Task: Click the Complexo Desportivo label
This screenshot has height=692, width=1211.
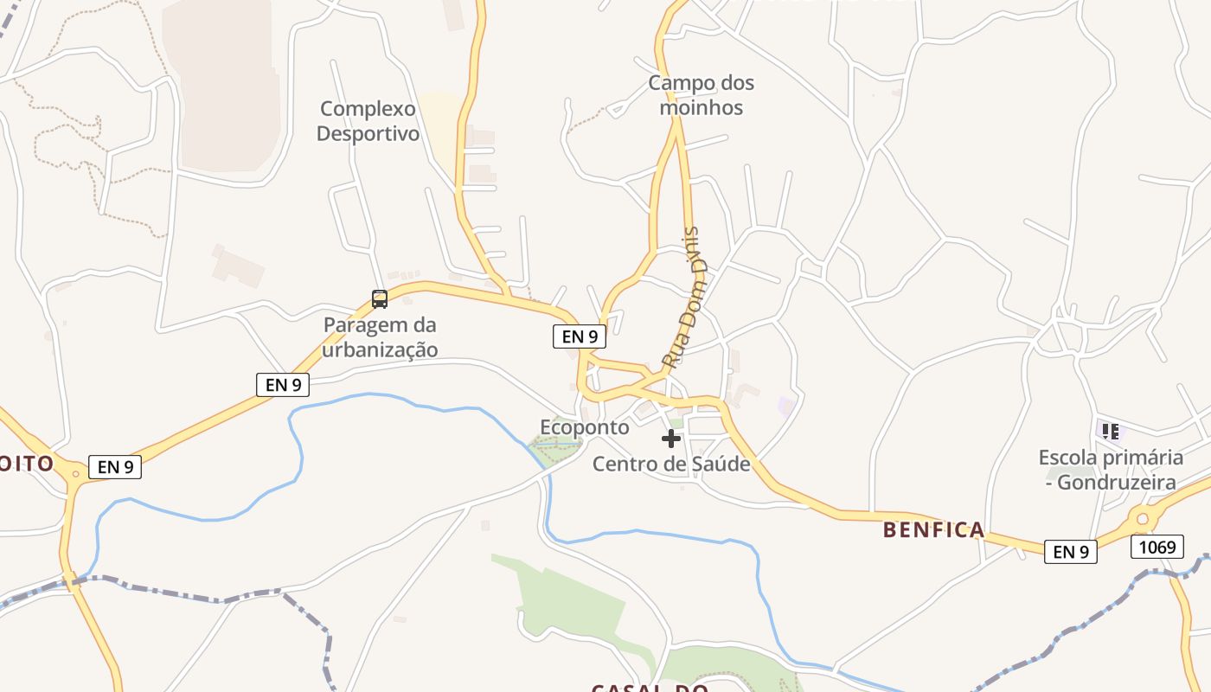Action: pyautogui.click(x=368, y=121)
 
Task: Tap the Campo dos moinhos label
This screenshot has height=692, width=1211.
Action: pyautogui.click(x=701, y=95)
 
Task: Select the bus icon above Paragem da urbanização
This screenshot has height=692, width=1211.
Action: pyautogui.click(x=379, y=299)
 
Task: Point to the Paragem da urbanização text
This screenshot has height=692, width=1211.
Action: pyautogui.click(x=380, y=337)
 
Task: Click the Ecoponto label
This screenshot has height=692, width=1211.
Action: pyautogui.click(x=585, y=427)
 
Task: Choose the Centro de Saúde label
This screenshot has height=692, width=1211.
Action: pyautogui.click(x=671, y=465)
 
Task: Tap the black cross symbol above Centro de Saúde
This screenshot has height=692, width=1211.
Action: pyautogui.click(x=671, y=439)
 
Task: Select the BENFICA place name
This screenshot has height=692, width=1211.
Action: pyautogui.click(x=933, y=529)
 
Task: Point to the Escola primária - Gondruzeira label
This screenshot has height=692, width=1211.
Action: pyautogui.click(x=1111, y=470)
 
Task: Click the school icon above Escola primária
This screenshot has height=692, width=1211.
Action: pyautogui.click(x=1111, y=430)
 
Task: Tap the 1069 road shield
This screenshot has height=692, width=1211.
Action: pyautogui.click(x=1157, y=547)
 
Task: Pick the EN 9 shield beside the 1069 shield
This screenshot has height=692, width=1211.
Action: pyautogui.click(x=1070, y=551)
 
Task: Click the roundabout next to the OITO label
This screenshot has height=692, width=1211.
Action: pyautogui.click(x=76, y=473)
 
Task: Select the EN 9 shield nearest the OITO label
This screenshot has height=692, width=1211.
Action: pyautogui.click(x=115, y=467)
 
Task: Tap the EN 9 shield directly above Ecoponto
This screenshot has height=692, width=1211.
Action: pyautogui.click(x=580, y=336)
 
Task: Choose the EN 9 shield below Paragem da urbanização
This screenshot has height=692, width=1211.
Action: pyautogui.click(x=283, y=385)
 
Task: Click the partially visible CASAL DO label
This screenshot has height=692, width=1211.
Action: pyautogui.click(x=650, y=688)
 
